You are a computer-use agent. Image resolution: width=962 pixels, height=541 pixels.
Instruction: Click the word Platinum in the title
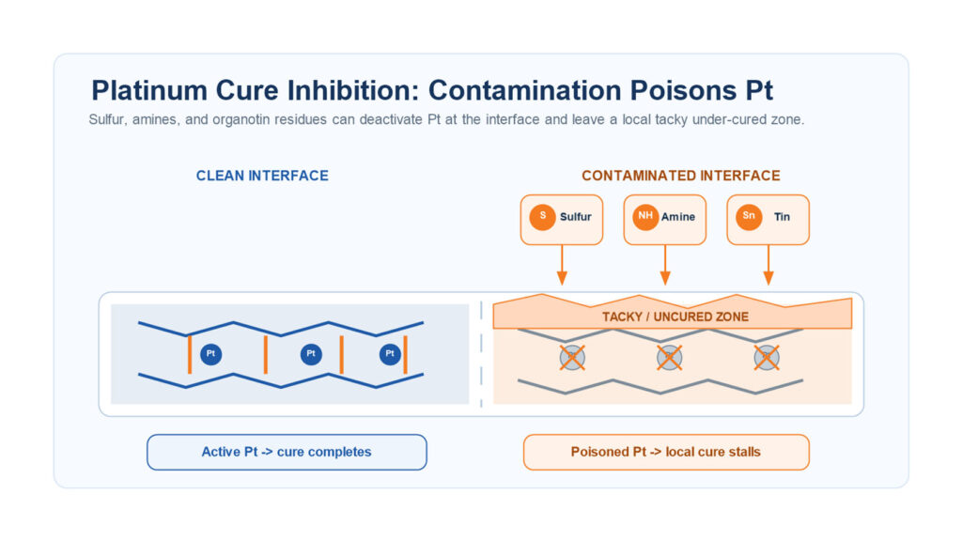tap(149, 90)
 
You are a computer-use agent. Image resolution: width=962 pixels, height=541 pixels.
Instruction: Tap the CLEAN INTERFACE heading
tap(262, 176)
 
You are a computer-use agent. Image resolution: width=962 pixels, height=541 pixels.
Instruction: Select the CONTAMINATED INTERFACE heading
tap(681, 176)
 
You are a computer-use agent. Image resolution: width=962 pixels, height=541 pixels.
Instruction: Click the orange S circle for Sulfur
tap(542, 217)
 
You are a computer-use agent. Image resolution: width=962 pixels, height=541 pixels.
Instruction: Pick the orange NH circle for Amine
tap(645, 217)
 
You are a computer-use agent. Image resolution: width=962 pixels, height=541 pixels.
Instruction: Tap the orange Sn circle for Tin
tap(749, 217)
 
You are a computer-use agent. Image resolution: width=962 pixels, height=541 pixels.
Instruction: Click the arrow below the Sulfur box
tap(562, 265)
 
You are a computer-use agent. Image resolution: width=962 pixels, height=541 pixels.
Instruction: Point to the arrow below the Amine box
tap(664, 265)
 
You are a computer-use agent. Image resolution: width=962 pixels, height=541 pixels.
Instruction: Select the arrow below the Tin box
tap(768, 265)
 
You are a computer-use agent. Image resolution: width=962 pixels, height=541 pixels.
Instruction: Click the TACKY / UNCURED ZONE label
tap(675, 317)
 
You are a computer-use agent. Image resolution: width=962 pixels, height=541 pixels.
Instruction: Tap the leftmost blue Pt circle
tap(211, 354)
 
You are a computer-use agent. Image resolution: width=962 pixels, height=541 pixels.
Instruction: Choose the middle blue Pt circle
tap(311, 354)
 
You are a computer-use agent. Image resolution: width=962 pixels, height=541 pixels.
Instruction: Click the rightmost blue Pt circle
tap(390, 354)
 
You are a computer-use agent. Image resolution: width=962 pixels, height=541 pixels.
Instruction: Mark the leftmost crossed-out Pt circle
tap(572, 358)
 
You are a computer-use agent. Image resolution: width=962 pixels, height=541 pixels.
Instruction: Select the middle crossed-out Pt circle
tap(669, 358)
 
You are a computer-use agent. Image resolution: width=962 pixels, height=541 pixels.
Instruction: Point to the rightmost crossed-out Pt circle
tap(767, 358)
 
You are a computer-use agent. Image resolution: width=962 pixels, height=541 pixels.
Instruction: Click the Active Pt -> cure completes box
tap(287, 452)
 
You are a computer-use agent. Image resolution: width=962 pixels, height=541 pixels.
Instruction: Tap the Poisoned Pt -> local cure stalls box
tap(666, 452)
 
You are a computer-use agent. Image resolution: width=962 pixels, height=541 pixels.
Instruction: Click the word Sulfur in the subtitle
tap(107, 119)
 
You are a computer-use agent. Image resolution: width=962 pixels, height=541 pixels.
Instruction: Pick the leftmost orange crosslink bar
tap(190, 354)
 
